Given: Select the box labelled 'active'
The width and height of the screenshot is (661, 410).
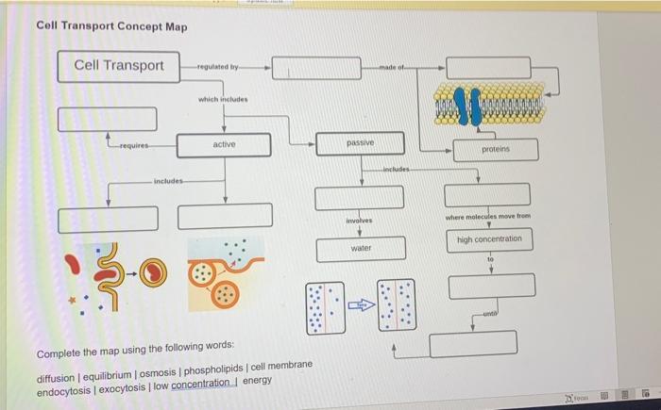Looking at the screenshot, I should click(224, 144).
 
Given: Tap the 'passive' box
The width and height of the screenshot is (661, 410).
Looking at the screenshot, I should click(360, 143).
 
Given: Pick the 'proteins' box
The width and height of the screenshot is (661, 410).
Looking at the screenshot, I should click(495, 150).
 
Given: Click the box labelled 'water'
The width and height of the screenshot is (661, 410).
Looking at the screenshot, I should click(361, 249).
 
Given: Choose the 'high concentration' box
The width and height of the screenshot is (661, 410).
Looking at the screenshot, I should click(489, 239).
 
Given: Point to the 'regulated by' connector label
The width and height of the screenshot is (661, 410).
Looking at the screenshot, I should click(219, 68).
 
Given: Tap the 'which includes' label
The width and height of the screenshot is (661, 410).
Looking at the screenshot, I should click(222, 100).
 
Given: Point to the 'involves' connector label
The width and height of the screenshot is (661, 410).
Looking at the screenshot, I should click(360, 221).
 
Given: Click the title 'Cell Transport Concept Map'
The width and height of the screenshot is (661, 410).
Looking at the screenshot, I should click(111, 25).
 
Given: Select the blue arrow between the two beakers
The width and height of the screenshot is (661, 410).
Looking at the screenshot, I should click(361, 304).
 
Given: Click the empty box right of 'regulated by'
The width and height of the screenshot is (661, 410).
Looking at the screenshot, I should click(322, 68).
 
